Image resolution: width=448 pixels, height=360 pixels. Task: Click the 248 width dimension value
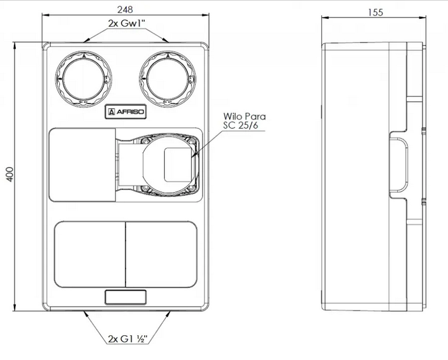pos(126,10)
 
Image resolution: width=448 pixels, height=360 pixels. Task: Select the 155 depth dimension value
pos(375,13)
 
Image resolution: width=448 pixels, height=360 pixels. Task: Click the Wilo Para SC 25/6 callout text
pos(244,120)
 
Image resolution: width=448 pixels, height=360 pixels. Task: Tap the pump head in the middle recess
pos(168,164)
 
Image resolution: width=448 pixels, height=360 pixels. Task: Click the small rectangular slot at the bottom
pos(126,297)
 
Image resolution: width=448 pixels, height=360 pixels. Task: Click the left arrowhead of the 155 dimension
pos(323,19)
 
